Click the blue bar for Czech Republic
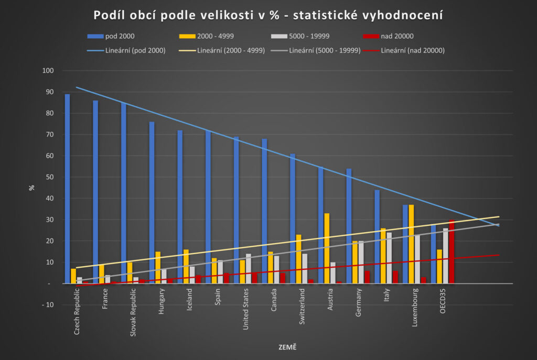(x=67, y=189)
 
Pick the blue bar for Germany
(x=349, y=226)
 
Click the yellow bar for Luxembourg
(x=411, y=244)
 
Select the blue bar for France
(x=95, y=192)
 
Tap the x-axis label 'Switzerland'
(x=302, y=310)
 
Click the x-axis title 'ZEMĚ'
(x=287, y=347)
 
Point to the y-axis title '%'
(x=31, y=187)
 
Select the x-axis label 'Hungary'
(x=161, y=304)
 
